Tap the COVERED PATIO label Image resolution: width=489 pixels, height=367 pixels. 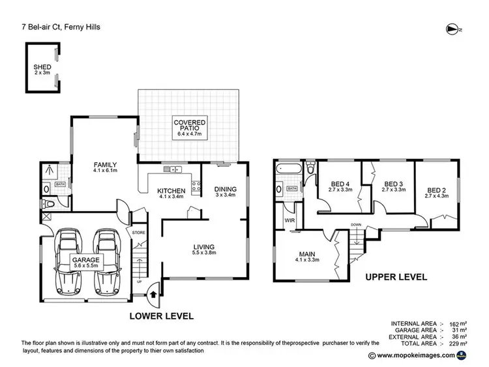pyautogui.click(x=189, y=123)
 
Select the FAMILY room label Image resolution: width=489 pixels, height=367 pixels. pyautogui.click(x=104, y=164)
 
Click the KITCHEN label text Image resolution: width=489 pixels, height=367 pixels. pyautogui.click(x=172, y=190)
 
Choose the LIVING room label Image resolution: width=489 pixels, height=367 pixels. pyautogui.click(x=203, y=246)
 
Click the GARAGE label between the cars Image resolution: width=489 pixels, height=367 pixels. pyautogui.click(x=87, y=261)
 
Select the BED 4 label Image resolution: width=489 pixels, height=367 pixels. pyautogui.click(x=341, y=184)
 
